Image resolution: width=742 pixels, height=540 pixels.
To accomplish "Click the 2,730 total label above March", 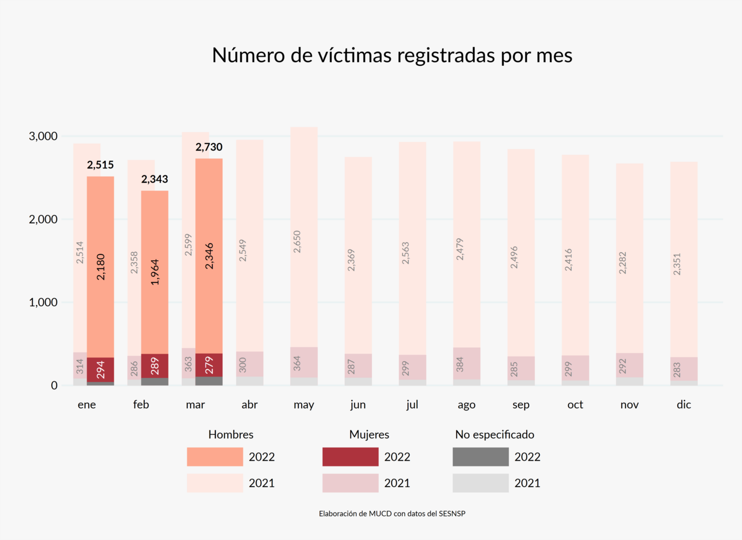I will pyautogui.click(x=209, y=147).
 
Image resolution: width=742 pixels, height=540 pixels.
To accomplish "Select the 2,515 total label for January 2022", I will pyautogui.click(x=100, y=165).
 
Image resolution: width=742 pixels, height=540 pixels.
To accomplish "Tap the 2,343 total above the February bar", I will pyautogui.click(x=155, y=179).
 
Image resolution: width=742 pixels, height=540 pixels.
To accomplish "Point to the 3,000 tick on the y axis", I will pyautogui.click(x=43, y=136).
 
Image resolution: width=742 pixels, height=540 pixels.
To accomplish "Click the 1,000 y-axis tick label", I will pyautogui.click(x=43, y=302).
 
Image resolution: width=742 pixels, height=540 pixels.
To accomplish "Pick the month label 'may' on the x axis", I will pyautogui.click(x=304, y=405).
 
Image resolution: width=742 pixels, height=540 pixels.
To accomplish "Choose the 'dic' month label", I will pyautogui.click(x=684, y=404).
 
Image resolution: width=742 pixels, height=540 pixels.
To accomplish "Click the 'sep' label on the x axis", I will pyautogui.click(x=521, y=405).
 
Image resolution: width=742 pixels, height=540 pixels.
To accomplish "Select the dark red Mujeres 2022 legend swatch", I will pyautogui.click(x=350, y=457).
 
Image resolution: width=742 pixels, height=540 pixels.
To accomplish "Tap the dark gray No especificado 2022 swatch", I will pyautogui.click(x=480, y=457).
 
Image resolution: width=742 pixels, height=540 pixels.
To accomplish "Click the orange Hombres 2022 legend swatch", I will pyautogui.click(x=215, y=457).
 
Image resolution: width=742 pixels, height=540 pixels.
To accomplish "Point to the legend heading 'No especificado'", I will pyautogui.click(x=494, y=435).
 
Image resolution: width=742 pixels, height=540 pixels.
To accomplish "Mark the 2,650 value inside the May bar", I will pyautogui.click(x=297, y=241).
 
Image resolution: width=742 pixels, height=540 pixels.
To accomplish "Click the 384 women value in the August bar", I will pyautogui.click(x=460, y=364).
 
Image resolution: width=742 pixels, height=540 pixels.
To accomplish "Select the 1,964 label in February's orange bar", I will pyautogui.click(x=155, y=272).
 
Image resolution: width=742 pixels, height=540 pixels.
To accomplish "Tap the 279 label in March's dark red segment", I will pyautogui.click(x=209, y=366).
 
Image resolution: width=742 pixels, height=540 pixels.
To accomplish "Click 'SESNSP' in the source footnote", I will pyautogui.click(x=452, y=514).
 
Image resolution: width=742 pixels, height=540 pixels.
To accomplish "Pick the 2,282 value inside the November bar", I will pyautogui.click(x=623, y=262).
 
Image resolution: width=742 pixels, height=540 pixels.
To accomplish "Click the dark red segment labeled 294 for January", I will pyautogui.click(x=100, y=370).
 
